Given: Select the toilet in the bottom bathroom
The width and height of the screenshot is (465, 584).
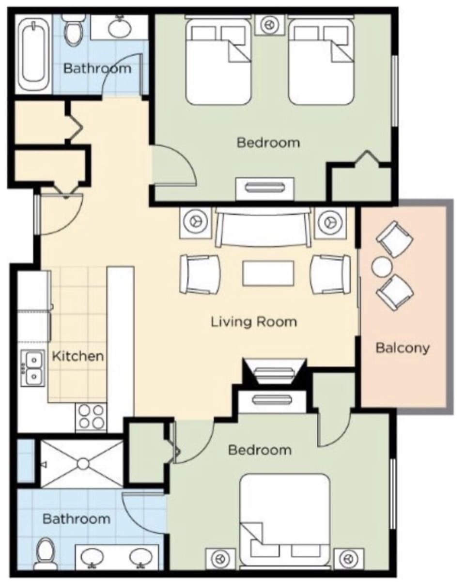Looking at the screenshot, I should (x=46, y=553).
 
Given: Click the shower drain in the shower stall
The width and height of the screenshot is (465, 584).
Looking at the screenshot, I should (x=83, y=464).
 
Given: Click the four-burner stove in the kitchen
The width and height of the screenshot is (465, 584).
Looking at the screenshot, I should (x=91, y=416).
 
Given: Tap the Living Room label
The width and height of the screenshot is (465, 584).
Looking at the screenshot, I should (x=253, y=322).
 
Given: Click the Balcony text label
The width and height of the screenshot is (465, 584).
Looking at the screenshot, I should (x=403, y=347).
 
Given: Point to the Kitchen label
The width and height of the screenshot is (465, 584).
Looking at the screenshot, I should (x=77, y=356).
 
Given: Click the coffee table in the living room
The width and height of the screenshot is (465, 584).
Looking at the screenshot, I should (x=268, y=274).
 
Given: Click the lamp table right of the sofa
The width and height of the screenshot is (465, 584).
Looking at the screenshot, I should (x=331, y=222).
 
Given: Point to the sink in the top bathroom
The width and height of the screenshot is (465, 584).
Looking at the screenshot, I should (x=119, y=28).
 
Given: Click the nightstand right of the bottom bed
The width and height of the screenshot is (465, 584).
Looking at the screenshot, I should (x=349, y=558).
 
